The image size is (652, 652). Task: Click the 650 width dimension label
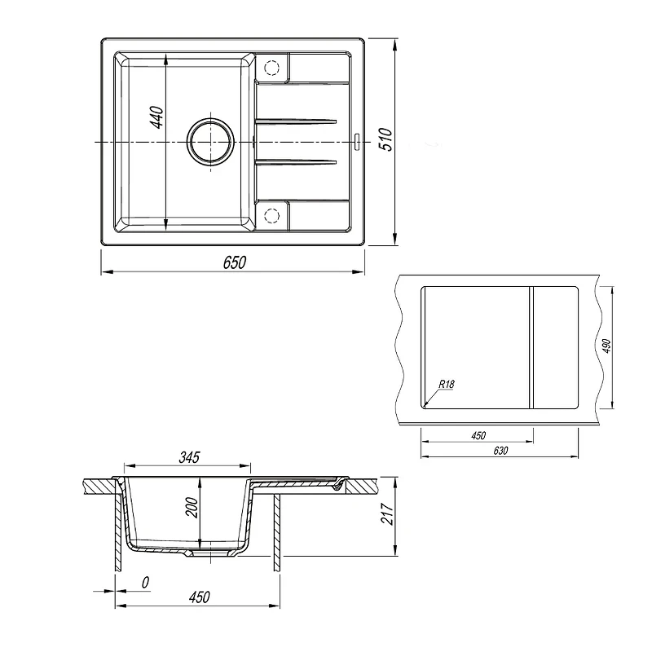(x=235, y=262)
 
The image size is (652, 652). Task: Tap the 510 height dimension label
(x=385, y=139)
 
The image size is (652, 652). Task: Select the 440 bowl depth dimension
(x=156, y=117)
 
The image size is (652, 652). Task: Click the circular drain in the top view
(x=210, y=141)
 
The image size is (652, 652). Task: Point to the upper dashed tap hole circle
(x=271, y=68)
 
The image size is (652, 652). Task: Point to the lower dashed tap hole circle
(x=271, y=215)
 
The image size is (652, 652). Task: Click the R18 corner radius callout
(x=447, y=384)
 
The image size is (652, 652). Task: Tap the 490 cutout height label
(x=606, y=346)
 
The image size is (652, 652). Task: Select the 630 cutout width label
(x=500, y=451)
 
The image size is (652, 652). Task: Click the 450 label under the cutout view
(x=478, y=435)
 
